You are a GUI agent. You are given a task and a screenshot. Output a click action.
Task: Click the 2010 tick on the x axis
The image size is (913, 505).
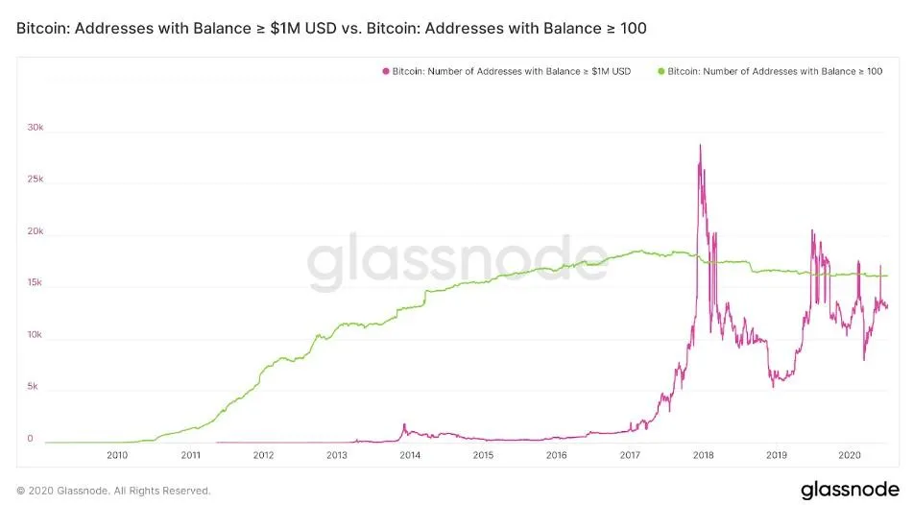click(117, 455)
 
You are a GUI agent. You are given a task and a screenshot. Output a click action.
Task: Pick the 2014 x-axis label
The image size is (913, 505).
click(410, 455)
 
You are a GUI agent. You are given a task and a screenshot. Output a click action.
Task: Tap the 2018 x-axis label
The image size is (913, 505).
click(703, 455)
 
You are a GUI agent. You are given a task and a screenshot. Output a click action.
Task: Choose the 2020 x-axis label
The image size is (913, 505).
click(849, 455)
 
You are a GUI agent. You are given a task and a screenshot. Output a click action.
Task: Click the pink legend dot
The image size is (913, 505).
click(386, 71)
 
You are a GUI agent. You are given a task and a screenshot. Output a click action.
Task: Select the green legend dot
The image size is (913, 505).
click(661, 71)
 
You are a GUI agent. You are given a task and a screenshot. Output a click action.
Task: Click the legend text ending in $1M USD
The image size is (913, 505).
click(512, 71)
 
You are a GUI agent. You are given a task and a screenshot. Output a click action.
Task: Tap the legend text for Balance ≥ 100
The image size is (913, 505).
click(775, 71)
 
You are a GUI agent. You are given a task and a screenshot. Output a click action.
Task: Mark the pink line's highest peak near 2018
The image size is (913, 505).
click(700, 145)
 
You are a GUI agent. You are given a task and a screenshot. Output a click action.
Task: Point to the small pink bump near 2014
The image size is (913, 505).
click(404, 424)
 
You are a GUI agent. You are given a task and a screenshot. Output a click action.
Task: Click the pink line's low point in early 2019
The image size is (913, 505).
click(774, 385)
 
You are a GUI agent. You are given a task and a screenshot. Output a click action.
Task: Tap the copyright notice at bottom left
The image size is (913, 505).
click(113, 491)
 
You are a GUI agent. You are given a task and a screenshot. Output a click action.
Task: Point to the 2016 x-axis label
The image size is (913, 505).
click(556, 455)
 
